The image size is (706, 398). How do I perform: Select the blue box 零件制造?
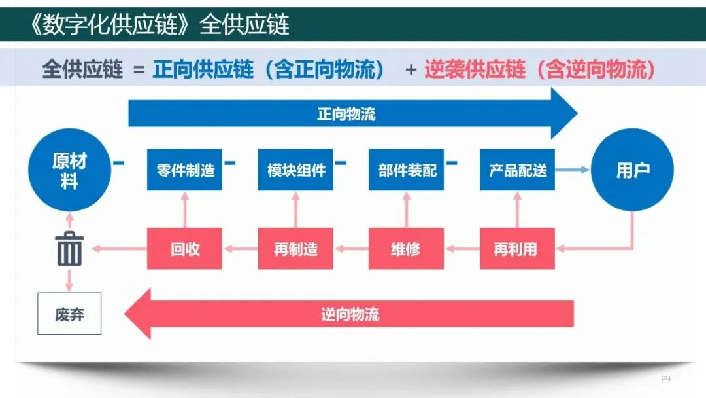click(x=185, y=170)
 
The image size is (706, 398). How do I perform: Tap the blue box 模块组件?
click(x=295, y=170)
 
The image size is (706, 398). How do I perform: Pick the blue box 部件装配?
click(x=407, y=170)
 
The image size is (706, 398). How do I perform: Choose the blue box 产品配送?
click(x=517, y=170)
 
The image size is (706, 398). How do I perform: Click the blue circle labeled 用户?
click(x=632, y=170)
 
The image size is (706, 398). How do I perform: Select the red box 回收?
click(x=185, y=249)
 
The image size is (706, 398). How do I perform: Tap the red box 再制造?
click(x=295, y=249)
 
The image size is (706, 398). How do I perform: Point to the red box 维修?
click(x=407, y=249)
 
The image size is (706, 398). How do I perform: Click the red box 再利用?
click(x=517, y=249)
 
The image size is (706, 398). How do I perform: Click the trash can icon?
click(x=69, y=249)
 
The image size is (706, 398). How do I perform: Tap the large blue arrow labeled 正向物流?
click(x=353, y=114)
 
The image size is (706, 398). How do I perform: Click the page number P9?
click(x=665, y=379)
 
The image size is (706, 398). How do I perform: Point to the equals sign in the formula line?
click(x=138, y=69)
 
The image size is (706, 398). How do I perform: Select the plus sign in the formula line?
click(x=411, y=69)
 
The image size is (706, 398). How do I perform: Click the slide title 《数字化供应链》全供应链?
click(x=161, y=25)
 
